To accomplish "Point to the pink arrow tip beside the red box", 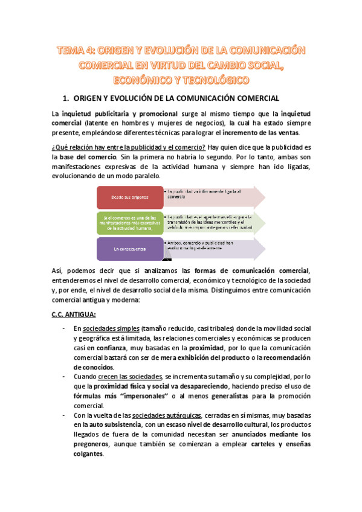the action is click(259, 197).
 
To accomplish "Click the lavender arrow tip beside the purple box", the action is click(259, 248).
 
